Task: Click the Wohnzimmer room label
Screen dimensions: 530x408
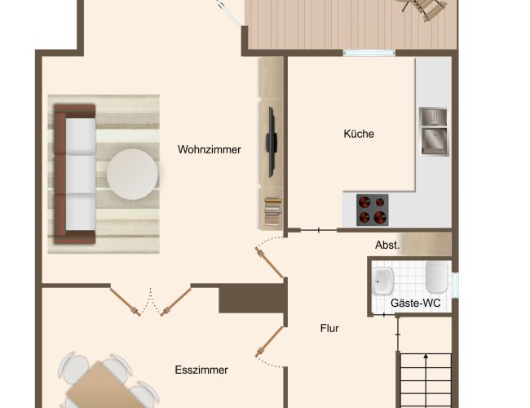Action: click(x=210, y=149)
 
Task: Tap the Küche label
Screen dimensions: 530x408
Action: click(x=359, y=134)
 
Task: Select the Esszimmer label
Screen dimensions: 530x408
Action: click(x=201, y=370)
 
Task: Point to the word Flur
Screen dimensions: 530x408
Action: click(x=329, y=328)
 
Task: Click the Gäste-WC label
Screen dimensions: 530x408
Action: click(x=415, y=303)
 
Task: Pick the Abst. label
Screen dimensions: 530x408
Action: click(x=387, y=245)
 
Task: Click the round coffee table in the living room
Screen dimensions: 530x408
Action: click(x=132, y=175)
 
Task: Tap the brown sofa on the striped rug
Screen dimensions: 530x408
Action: click(x=75, y=174)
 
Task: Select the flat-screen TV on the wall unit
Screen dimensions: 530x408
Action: click(x=272, y=142)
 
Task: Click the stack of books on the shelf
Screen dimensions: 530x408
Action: click(x=272, y=212)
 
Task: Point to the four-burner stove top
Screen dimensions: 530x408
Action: click(x=372, y=210)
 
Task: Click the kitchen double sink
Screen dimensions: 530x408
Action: click(x=434, y=131)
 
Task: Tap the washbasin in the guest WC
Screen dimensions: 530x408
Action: click(x=383, y=281)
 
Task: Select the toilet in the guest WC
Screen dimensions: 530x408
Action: click(x=437, y=277)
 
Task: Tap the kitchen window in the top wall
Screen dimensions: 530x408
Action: click(x=369, y=53)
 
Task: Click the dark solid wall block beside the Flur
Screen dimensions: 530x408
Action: click(x=252, y=298)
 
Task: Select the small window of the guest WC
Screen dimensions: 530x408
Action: click(x=456, y=286)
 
